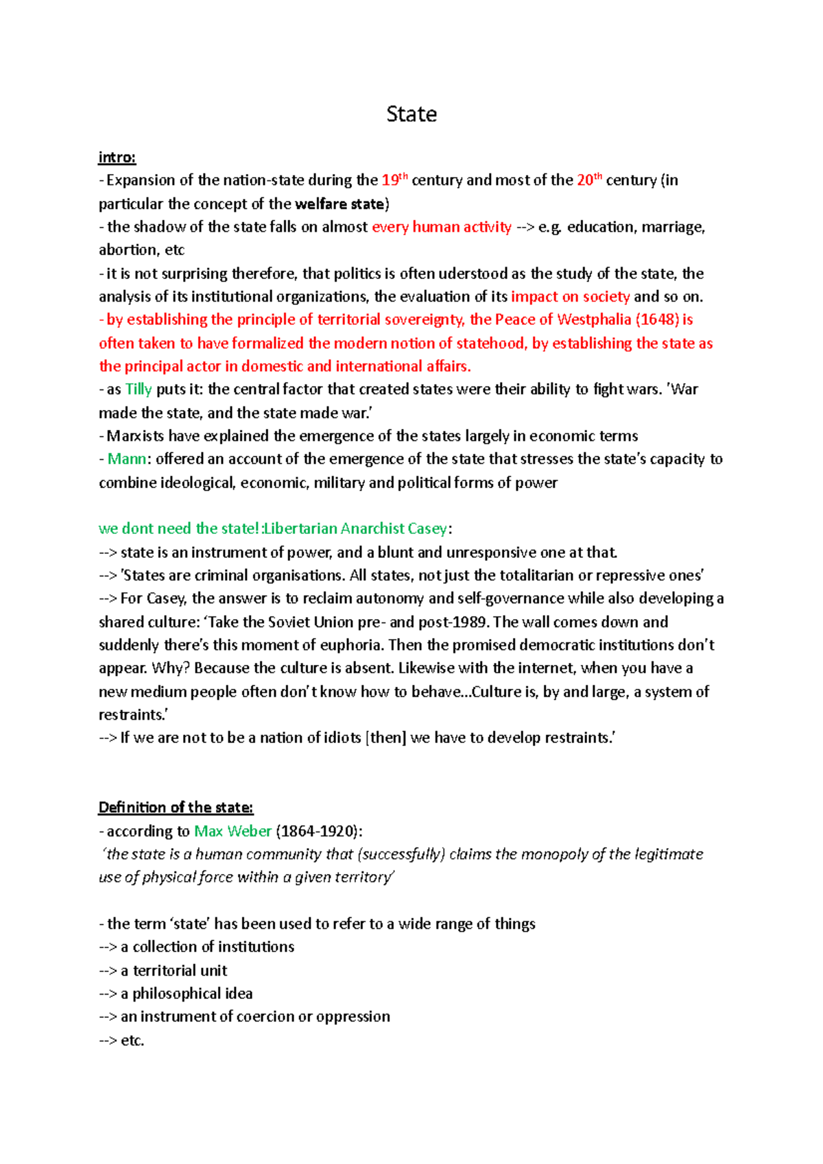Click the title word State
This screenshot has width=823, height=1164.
coord(411,114)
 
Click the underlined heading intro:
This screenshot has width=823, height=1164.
coord(117,158)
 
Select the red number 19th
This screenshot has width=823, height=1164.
coord(394,180)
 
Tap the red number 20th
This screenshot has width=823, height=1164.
coord(589,180)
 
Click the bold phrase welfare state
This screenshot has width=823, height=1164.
coord(339,204)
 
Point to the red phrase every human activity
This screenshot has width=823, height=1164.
coord(442,227)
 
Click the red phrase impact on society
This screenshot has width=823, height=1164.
coord(570,297)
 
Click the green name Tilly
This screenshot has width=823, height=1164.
coord(139,389)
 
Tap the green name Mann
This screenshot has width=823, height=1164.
coord(127,459)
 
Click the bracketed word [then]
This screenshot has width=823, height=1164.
coord(386,738)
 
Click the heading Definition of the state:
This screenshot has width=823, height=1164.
coord(176,808)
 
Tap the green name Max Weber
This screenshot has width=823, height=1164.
coord(233,831)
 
